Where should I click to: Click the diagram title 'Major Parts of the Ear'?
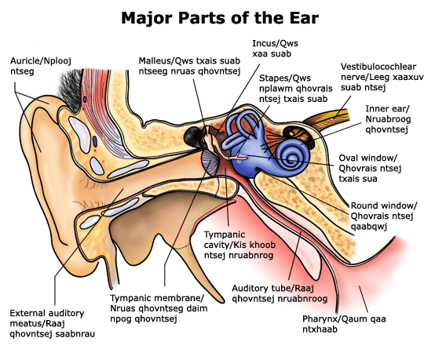[x=220, y=18]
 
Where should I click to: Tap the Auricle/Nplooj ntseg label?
[x=41, y=66]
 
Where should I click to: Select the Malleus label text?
[x=189, y=66]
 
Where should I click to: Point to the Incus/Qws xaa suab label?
[x=276, y=49]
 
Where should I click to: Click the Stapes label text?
[x=295, y=89]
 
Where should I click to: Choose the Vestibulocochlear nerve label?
[x=382, y=77]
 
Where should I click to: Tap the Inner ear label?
[x=388, y=119]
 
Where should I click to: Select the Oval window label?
[x=370, y=169]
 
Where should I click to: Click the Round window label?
[x=384, y=216]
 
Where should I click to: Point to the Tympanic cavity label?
[x=239, y=245]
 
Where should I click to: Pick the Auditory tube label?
[x=280, y=293]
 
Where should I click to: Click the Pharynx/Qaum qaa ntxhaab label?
[x=344, y=324]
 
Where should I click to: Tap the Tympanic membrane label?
[x=159, y=308]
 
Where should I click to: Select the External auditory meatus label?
[x=52, y=323]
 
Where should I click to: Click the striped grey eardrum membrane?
[x=210, y=162]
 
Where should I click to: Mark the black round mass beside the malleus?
[x=192, y=136]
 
